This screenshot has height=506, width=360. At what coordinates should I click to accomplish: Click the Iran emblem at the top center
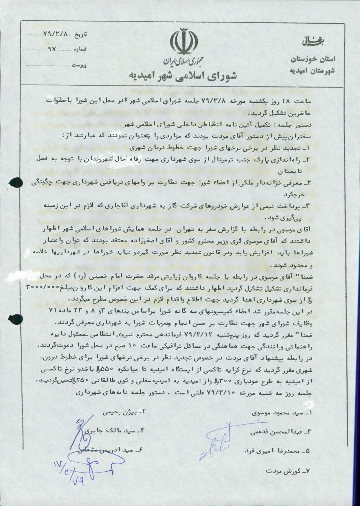[180, 43]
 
